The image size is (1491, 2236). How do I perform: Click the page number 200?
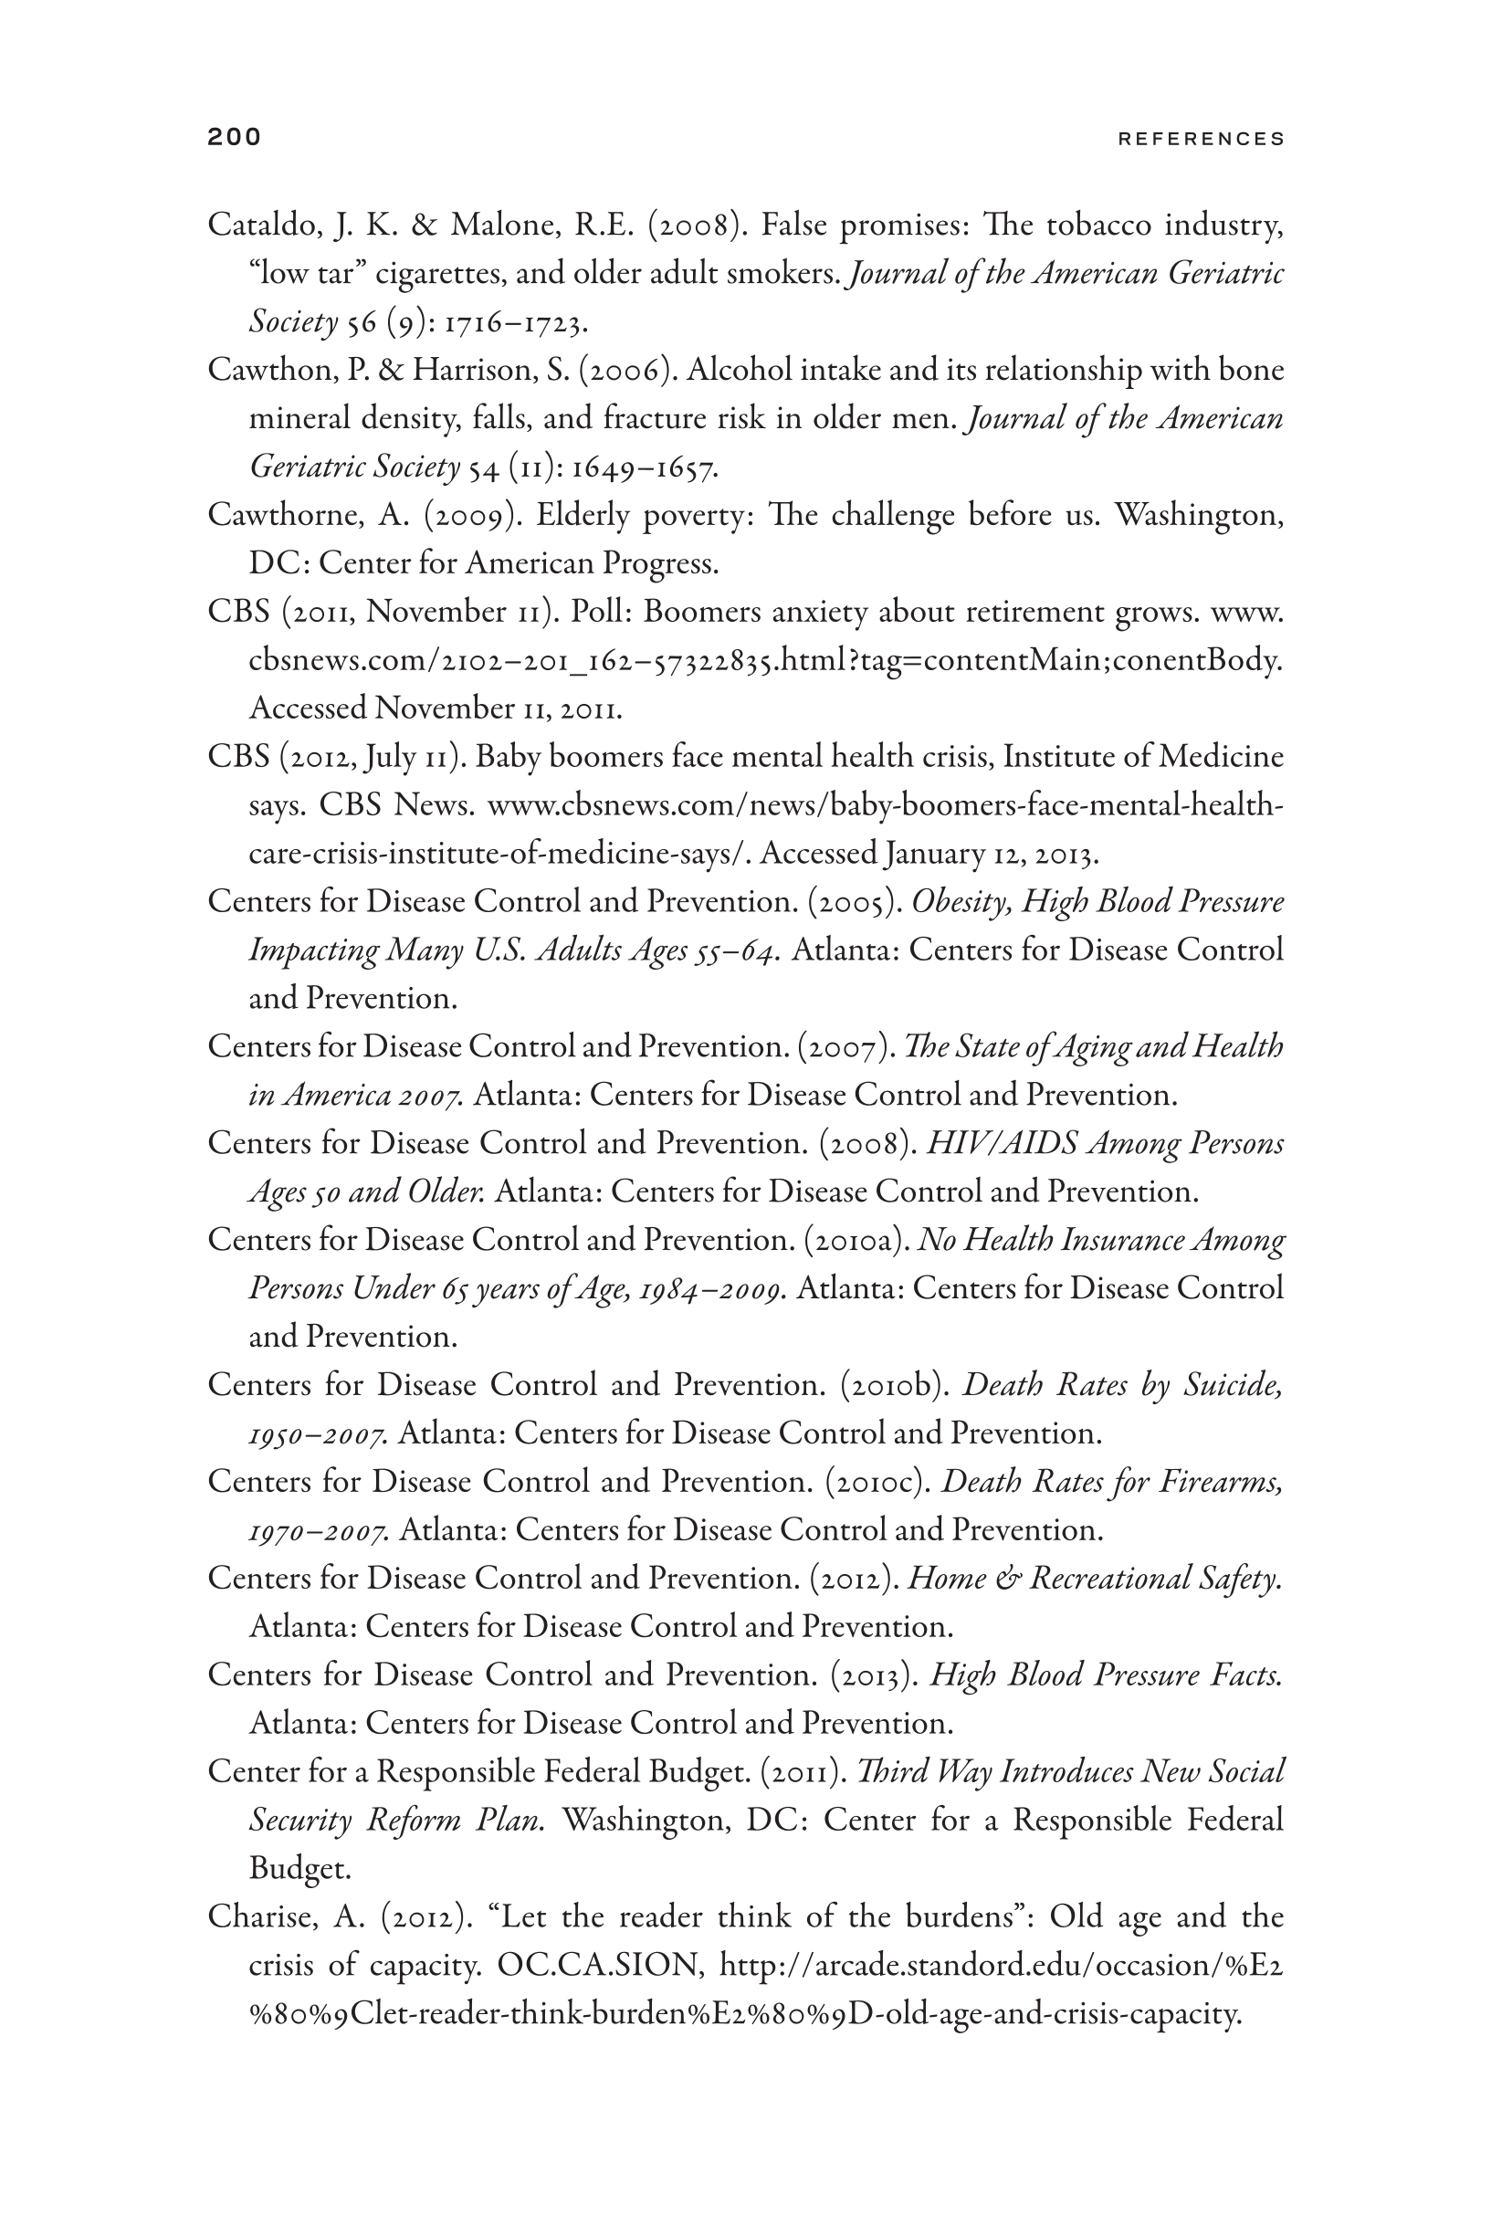234,137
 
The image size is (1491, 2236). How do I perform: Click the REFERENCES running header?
1201,139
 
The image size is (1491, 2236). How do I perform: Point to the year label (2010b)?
896,1385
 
